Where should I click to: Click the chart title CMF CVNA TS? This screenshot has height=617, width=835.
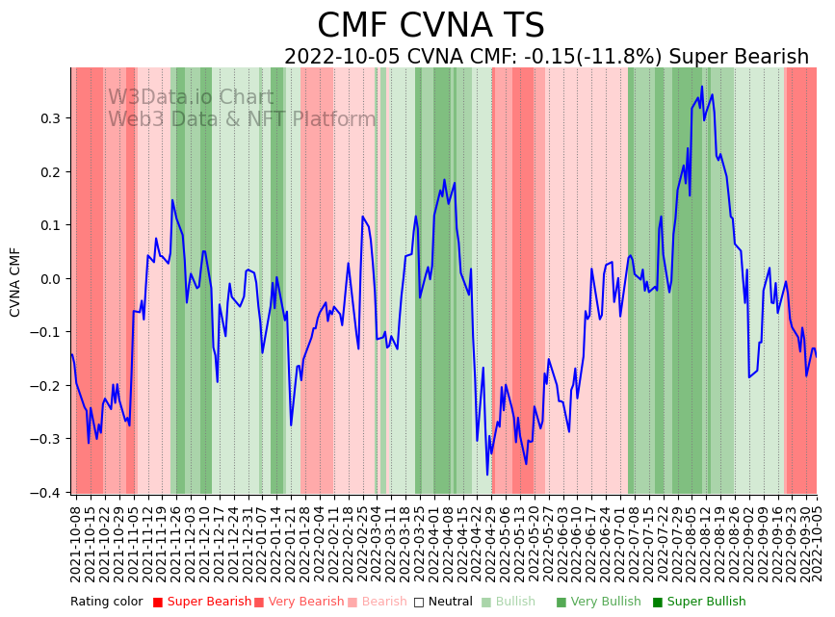pos(431,26)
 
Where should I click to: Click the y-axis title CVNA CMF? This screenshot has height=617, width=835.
pos(15,282)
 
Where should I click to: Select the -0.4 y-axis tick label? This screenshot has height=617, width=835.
pos(49,492)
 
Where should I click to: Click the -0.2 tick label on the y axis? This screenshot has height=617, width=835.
pos(49,385)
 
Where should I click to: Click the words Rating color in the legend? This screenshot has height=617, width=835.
pos(106,603)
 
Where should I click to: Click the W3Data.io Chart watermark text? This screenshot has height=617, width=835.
pos(191,98)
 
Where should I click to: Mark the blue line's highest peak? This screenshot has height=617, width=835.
pos(702,87)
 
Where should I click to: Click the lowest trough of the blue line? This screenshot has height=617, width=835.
pos(487,475)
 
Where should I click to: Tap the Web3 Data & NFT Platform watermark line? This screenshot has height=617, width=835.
pos(242,120)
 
